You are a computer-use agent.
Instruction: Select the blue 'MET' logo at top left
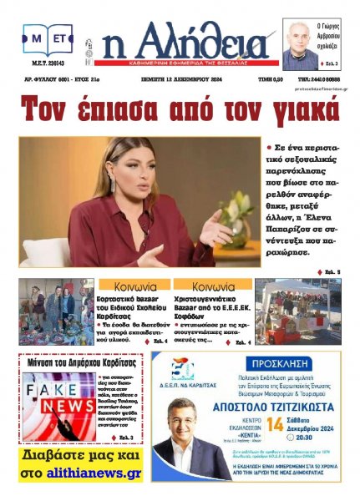pos(47,38)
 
